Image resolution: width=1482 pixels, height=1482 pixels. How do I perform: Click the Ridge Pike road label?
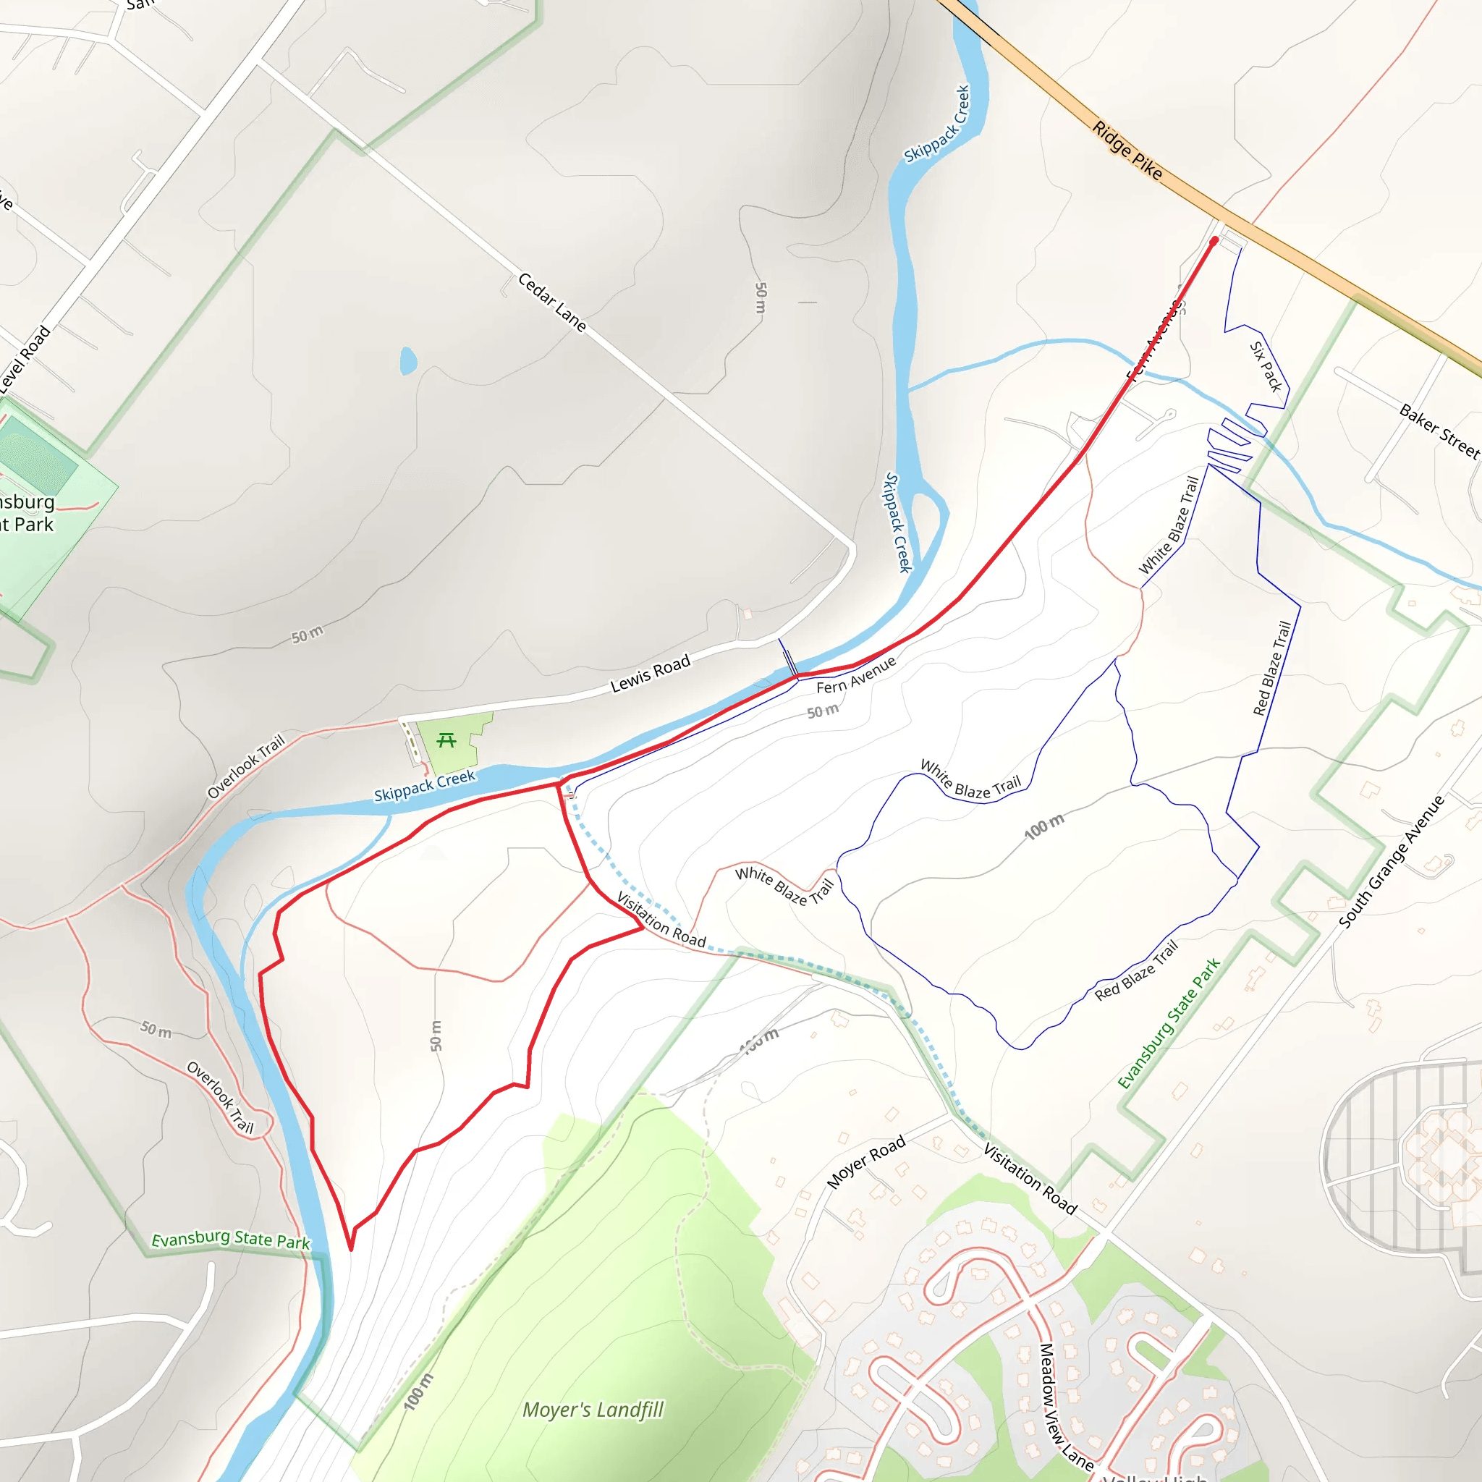pyautogui.click(x=1127, y=151)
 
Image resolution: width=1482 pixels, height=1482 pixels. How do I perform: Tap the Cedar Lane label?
pyautogui.click(x=551, y=302)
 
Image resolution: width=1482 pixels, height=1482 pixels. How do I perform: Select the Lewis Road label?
pyautogui.click(x=651, y=674)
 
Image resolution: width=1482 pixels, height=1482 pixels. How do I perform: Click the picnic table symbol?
pyautogui.click(x=446, y=740)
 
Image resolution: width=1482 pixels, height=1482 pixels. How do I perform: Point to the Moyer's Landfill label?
pyautogui.click(x=592, y=1410)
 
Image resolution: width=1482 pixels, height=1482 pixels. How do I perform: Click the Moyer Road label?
pyautogui.click(x=866, y=1161)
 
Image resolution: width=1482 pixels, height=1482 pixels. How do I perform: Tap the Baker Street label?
pyautogui.click(x=1439, y=431)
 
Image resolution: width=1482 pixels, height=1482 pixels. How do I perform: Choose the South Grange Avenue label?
pyautogui.click(x=1392, y=861)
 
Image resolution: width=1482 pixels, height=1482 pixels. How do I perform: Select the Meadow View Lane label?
pyautogui.click(x=1065, y=1406)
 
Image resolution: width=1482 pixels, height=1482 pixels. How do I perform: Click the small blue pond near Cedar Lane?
pyautogui.click(x=408, y=360)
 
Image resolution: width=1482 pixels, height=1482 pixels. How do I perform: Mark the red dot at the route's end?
pyautogui.click(x=1214, y=241)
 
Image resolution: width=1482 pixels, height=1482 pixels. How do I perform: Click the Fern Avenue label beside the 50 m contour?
pyautogui.click(x=855, y=675)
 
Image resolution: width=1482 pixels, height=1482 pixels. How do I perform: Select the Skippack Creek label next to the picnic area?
pyautogui.click(x=424, y=787)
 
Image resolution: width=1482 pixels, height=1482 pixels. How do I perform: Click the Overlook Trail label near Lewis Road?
pyautogui.click(x=245, y=766)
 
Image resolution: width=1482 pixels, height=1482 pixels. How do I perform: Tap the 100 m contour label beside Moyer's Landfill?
pyautogui.click(x=419, y=1392)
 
